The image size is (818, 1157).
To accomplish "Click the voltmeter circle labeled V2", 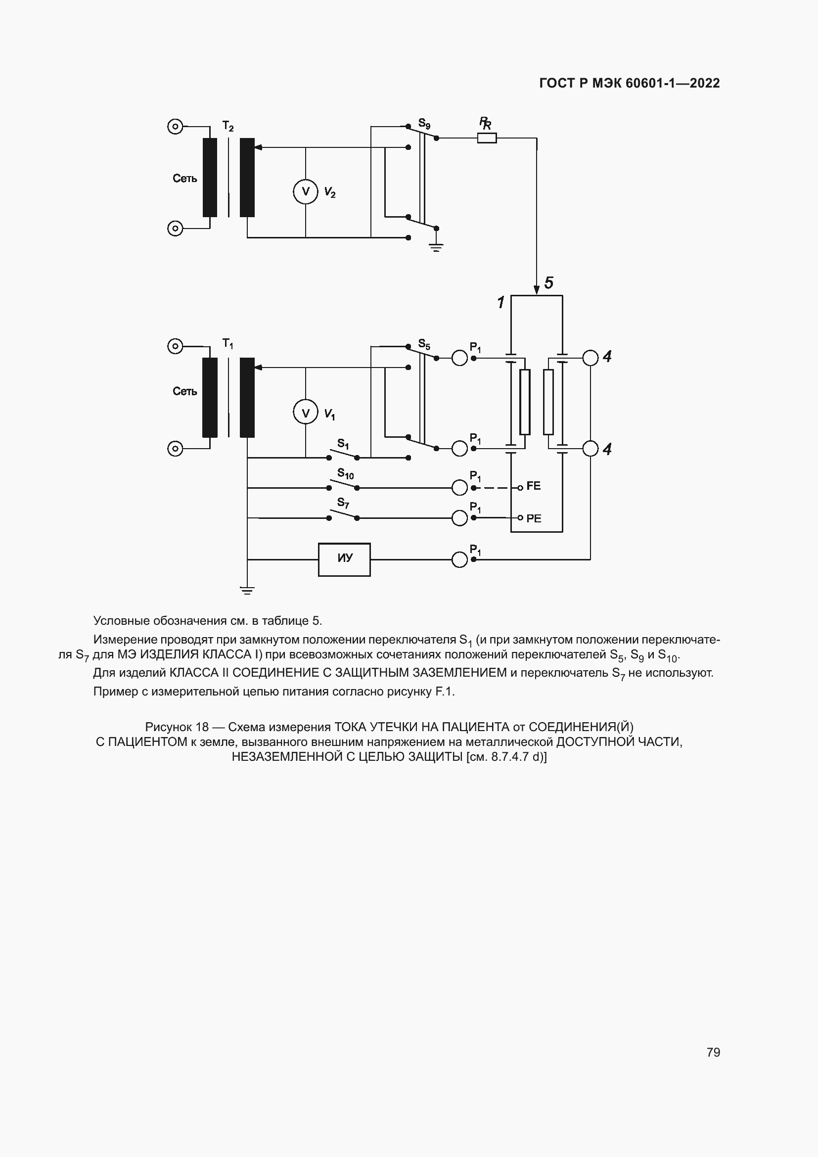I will [305, 191].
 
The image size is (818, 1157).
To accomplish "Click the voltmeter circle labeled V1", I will [305, 413].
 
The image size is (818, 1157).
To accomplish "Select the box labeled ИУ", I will [345, 559].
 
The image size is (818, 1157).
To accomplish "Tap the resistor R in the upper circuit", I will [487, 138].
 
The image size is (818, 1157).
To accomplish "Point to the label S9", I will [424, 124].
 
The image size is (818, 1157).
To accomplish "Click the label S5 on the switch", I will [424, 345].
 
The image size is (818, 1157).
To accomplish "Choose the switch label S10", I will [346, 474].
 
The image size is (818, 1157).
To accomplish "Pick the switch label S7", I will [343, 503].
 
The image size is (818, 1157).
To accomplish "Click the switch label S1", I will [343, 444].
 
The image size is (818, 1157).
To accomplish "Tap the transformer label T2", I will [227, 126].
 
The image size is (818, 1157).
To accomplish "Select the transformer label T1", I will [227, 344].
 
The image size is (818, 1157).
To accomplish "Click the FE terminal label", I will [534, 486].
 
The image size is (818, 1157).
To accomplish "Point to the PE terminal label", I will [534, 518].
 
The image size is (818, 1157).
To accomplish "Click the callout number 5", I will [549, 283].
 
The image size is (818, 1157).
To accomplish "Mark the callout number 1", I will [500, 302].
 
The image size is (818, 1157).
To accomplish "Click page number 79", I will [713, 1052].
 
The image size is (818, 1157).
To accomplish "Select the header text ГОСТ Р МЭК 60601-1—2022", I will [629, 83].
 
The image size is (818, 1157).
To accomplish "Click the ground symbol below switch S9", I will [436, 247].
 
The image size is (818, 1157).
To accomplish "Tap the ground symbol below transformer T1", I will [247, 591].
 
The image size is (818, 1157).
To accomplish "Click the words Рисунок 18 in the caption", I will [176, 727].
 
